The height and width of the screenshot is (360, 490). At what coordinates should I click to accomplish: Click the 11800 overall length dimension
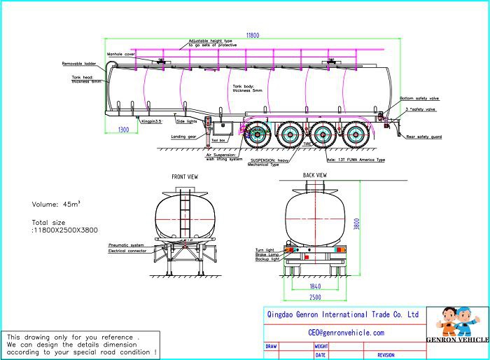coord(253,34)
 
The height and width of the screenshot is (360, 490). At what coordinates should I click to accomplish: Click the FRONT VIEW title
coord(184,177)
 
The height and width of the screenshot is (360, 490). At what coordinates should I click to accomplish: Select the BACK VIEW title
coord(314,175)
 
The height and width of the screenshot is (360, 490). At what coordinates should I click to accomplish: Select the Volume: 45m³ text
coord(56,204)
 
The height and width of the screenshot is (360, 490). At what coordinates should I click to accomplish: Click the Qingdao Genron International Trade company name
coord(343,315)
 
